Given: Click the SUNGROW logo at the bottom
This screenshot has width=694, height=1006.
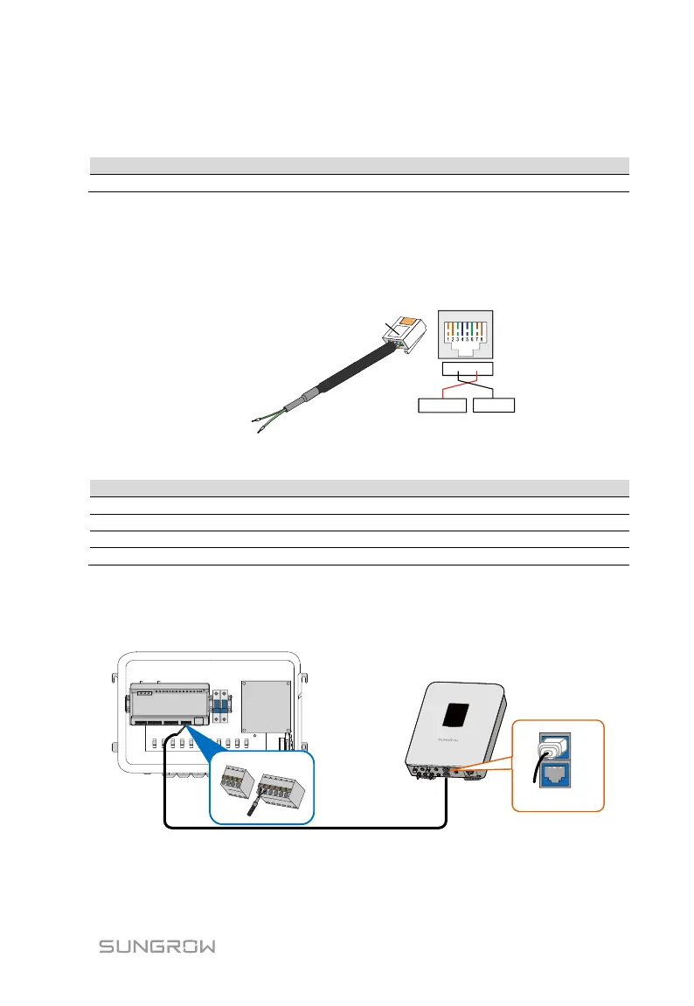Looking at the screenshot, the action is click(156, 947).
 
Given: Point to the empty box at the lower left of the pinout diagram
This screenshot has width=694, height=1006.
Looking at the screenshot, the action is click(441, 406).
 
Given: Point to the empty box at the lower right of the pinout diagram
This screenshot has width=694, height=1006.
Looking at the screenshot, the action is click(494, 406).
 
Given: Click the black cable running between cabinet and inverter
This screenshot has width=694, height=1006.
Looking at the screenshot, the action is click(306, 826).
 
